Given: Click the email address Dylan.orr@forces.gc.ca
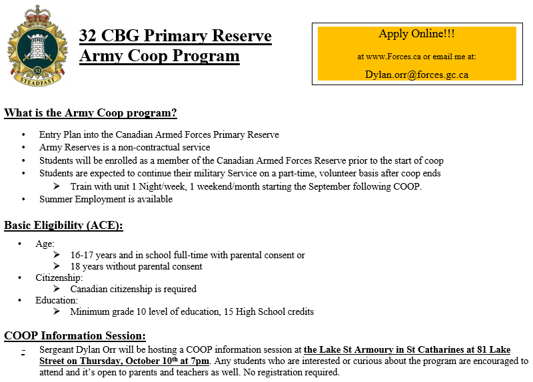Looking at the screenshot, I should click(x=416, y=75).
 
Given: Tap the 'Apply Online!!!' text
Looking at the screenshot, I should click(x=416, y=34).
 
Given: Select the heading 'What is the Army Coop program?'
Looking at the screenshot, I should click(x=91, y=112).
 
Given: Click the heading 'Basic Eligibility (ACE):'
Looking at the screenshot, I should click(x=63, y=225).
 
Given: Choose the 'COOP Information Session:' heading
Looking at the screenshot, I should click(x=75, y=335).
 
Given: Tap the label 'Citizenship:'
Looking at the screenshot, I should click(x=59, y=278).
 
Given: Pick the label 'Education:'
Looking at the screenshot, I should click(x=57, y=300).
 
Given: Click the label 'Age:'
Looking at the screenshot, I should click(x=45, y=244).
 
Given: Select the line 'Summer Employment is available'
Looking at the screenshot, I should click(x=106, y=199).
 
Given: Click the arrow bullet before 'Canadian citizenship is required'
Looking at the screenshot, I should click(x=57, y=289).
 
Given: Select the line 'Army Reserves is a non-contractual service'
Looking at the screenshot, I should click(x=125, y=147).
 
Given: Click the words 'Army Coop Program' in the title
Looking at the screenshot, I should click(x=159, y=56).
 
